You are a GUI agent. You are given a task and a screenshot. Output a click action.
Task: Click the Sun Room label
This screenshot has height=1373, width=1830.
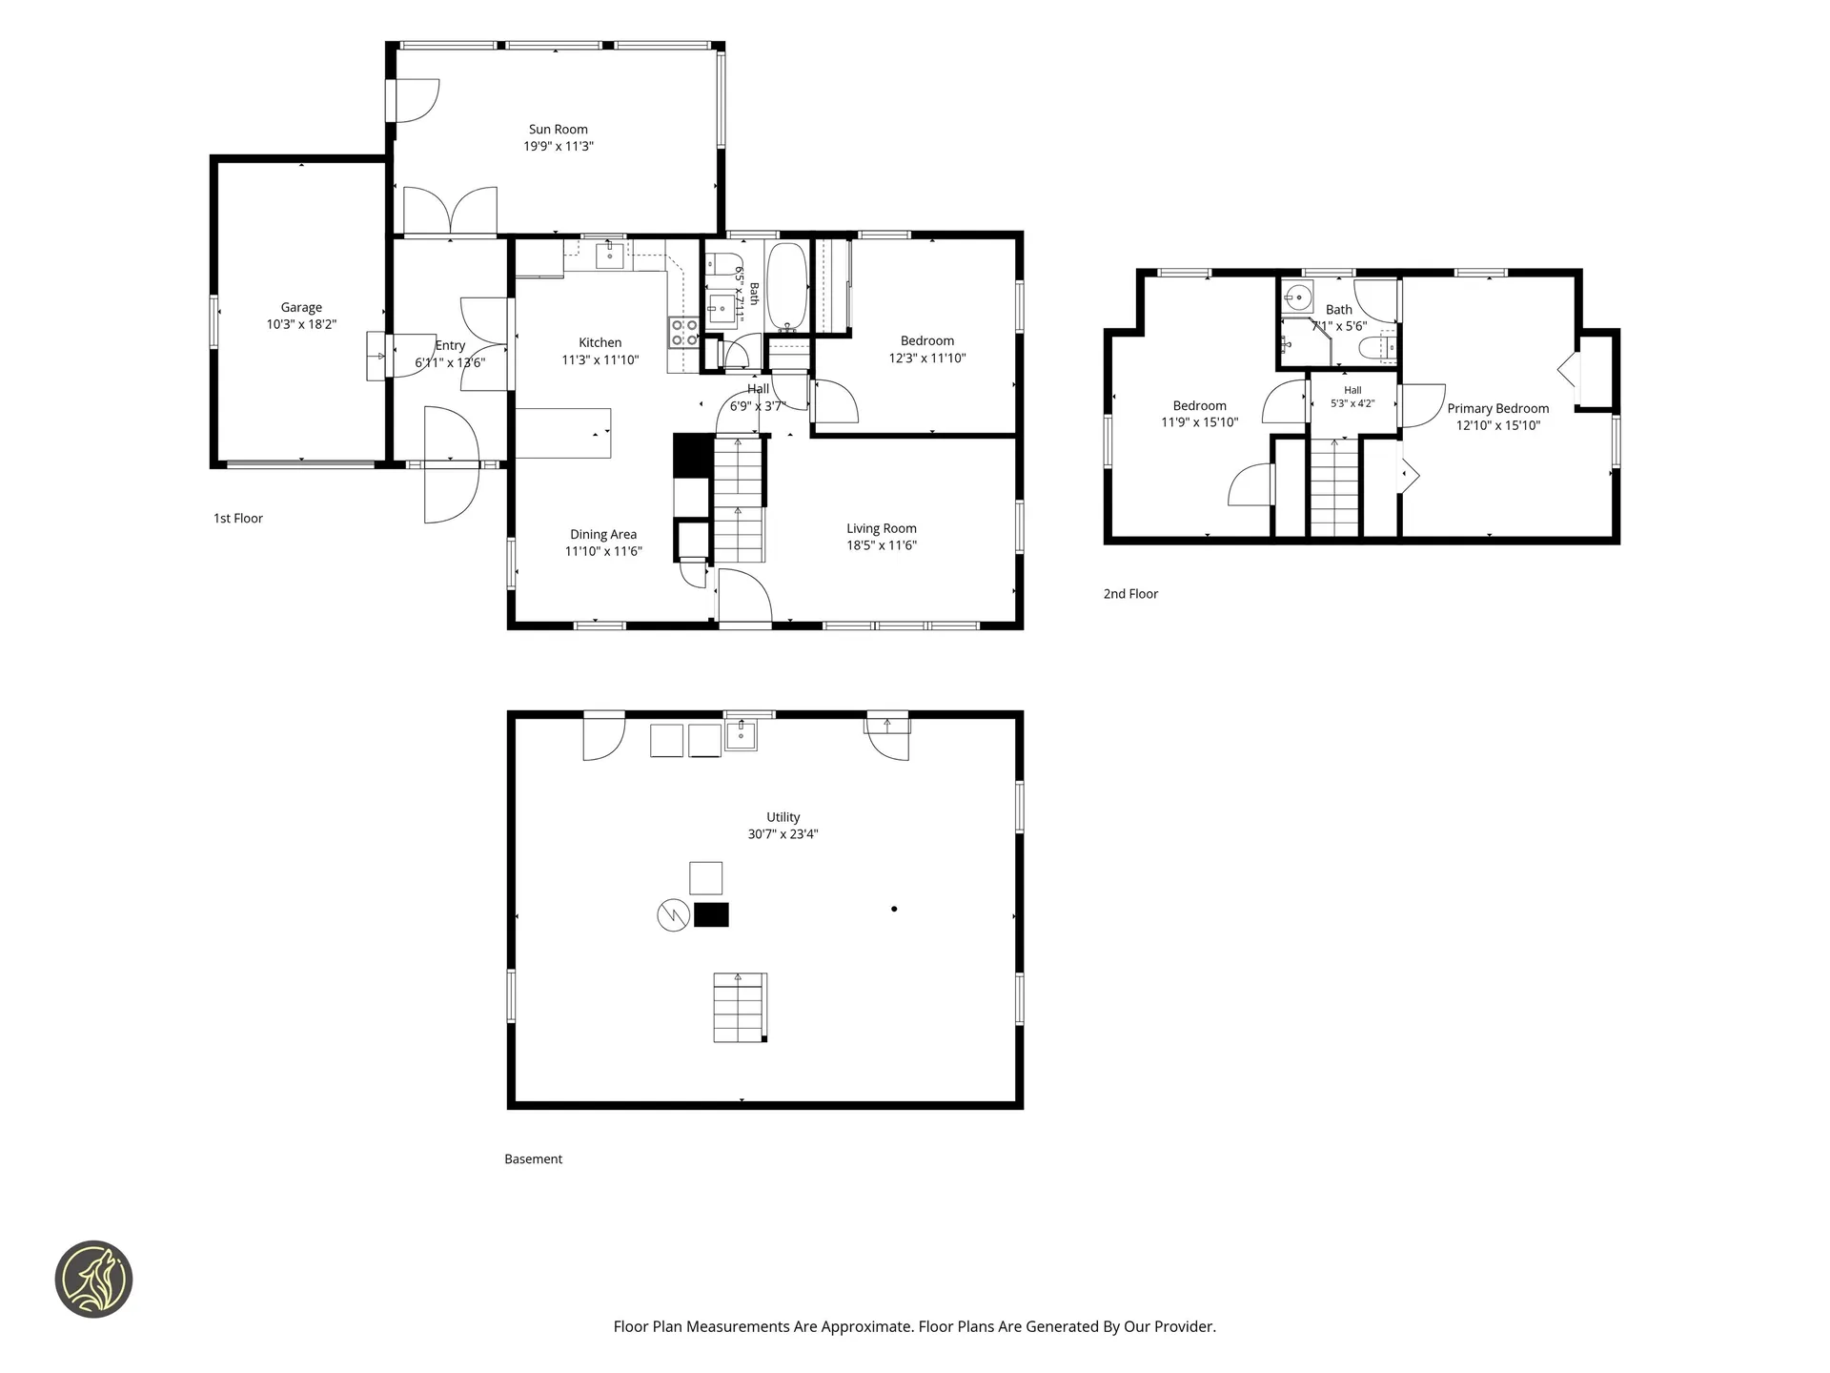559,130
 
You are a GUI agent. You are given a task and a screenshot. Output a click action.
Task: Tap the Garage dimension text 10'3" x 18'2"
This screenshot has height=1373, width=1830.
301,324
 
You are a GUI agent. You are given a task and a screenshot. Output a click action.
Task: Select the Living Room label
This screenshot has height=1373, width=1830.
882,528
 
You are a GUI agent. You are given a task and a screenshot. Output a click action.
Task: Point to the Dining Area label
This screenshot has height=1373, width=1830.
603,535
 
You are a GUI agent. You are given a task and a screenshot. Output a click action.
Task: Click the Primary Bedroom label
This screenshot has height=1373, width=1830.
1498,408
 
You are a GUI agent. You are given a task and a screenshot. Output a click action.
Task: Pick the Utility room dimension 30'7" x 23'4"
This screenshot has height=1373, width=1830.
783,834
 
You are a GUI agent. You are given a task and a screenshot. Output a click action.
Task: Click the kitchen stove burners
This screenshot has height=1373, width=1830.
684,332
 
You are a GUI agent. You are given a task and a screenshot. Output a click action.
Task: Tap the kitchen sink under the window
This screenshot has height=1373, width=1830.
610,256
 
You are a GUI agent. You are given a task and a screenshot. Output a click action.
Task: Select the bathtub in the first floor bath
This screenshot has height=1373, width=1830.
787,286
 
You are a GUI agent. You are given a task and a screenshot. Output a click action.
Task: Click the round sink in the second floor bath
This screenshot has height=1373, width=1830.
1298,297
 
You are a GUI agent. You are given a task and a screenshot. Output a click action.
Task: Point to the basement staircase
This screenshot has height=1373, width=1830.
740,1008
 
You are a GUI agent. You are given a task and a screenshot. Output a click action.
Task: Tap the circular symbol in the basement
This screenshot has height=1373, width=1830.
673,916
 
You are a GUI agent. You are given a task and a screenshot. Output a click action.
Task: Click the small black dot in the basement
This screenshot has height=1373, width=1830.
894,909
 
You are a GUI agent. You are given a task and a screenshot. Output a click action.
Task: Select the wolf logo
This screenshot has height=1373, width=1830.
93,1280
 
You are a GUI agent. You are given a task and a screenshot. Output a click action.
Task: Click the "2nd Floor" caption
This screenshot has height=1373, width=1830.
1130,594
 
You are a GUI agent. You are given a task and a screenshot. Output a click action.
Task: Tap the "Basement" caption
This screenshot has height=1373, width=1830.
534,1159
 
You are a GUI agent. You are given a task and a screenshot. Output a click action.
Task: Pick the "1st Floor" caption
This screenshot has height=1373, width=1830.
238,519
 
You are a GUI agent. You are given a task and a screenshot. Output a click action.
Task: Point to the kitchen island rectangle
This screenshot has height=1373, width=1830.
563,433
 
